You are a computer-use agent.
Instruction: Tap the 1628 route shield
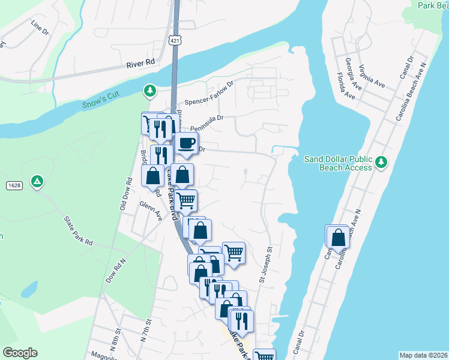pyautogui.click(x=15, y=185)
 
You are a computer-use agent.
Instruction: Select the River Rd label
pyautogui.click(x=140, y=62)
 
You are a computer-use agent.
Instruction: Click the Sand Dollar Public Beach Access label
pyautogui.click(x=338, y=163)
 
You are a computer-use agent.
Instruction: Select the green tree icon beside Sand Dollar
pyautogui.click(x=380, y=161)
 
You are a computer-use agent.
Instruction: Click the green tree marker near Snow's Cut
pyautogui.click(x=149, y=91)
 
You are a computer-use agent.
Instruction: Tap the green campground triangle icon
pyautogui.click(x=37, y=181)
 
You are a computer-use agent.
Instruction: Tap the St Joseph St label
pyautogui.click(x=265, y=264)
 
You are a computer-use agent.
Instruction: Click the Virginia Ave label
pyautogui.click(x=372, y=75)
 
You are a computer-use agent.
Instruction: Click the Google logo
pyautogui.click(x=20, y=353)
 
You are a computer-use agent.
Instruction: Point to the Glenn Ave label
pyautogui.click(x=150, y=212)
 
